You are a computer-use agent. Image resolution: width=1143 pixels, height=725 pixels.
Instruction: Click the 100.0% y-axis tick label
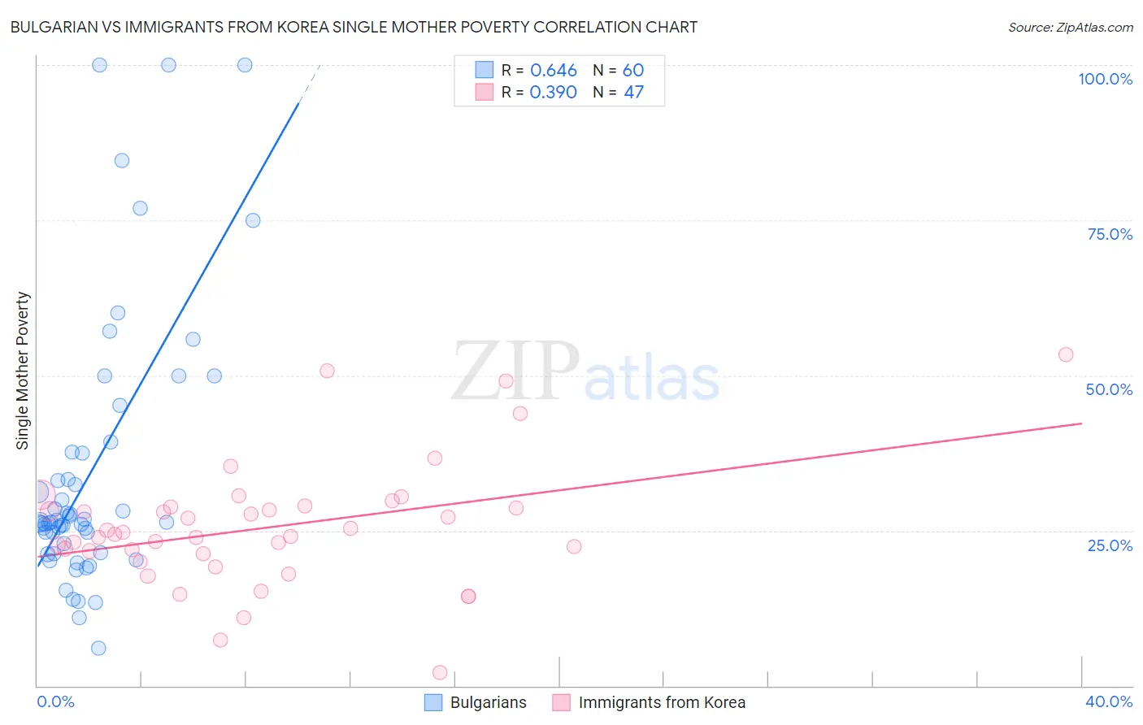[x=1105, y=79]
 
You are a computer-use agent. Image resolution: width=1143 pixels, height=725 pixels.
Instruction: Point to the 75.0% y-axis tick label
[x=1110, y=234]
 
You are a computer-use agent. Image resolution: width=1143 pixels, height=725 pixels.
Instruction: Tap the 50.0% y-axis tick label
[x=1109, y=389]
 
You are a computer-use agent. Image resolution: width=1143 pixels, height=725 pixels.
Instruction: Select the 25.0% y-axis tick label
[x=1110, y=545]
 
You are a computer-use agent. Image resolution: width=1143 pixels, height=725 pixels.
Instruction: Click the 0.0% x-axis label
[x=55, y=701]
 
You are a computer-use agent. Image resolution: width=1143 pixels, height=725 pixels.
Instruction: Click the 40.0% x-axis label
[x=1108, y=701]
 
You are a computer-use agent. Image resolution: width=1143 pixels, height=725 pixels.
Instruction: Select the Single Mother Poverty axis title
[x=23, y=371]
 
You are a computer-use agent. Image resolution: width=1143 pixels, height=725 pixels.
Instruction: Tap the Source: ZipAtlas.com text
[x=1070, y=27]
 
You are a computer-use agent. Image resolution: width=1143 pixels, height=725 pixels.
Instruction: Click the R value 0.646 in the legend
[x=553, y=71]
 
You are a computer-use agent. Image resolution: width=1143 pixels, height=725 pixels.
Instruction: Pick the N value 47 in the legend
[x=633, y=93]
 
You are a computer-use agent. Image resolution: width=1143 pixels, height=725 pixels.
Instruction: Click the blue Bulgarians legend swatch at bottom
[x=433, y=702]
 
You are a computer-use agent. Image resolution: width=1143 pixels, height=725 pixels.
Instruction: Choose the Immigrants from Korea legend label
[x=662, y=702]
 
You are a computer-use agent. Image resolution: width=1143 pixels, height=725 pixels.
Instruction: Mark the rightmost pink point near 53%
[x=1066, y=354]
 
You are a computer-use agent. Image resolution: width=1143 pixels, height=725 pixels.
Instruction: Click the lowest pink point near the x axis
[x=440, y=672]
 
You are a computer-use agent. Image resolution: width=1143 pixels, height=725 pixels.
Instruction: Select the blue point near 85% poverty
[x=122, y=160]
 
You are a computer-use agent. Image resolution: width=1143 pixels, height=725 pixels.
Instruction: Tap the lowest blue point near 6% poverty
[x=98, y=648]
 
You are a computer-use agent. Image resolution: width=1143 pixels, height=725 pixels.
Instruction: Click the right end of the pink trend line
[x=1081, y=423]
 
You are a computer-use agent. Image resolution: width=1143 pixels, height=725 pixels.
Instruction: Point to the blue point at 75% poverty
[x=253, y=220]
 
